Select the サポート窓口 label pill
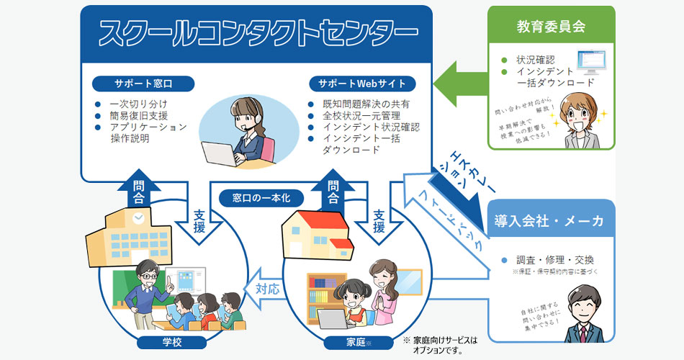(x=143, y=83)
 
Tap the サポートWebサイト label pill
(x=361, y=83)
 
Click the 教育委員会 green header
(x=551, y=27)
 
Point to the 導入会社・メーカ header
(x=549, y=220)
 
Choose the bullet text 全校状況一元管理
(x=366, y=115)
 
